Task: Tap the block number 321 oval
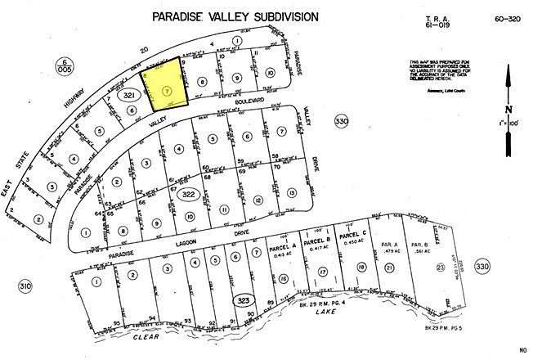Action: pos(128,96)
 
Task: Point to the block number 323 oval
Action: pos(242,300)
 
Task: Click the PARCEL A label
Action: pos(283,252)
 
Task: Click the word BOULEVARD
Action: pos(249,101)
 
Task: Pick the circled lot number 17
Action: pos(323,271)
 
